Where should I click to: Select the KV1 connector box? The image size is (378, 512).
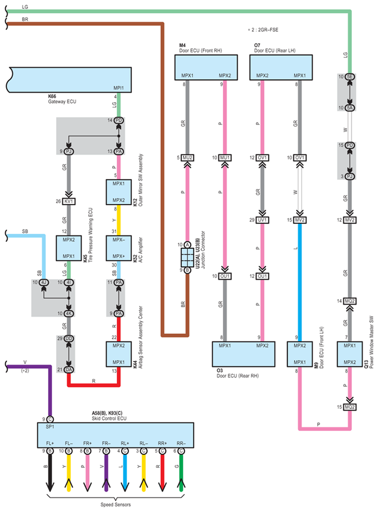point(69,201)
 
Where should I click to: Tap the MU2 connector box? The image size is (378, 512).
point(188,158)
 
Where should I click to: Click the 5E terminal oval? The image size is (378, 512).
point(350,77)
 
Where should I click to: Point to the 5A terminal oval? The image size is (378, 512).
point(350,108)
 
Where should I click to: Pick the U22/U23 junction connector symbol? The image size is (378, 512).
point(188,257)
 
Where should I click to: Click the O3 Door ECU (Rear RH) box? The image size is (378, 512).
point(244,354)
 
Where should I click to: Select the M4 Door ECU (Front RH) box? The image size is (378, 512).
point(206,67)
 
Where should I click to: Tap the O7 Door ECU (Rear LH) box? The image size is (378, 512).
point(281,67)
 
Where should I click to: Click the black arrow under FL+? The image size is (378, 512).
point(50,473)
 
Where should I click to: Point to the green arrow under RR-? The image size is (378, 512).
point(181,473)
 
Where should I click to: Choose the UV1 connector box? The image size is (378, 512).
point(262,220)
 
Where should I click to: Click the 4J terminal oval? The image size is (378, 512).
point(44,283)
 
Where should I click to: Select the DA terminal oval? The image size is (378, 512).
point(69,370)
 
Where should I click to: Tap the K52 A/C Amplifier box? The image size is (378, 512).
point(119,248)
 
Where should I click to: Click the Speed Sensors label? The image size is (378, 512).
point(115,504)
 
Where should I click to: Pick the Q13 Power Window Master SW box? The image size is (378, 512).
point(350,354)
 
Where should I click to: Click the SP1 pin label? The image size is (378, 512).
point(50,427)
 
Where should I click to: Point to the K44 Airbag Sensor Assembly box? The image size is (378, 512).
point(119,354)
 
